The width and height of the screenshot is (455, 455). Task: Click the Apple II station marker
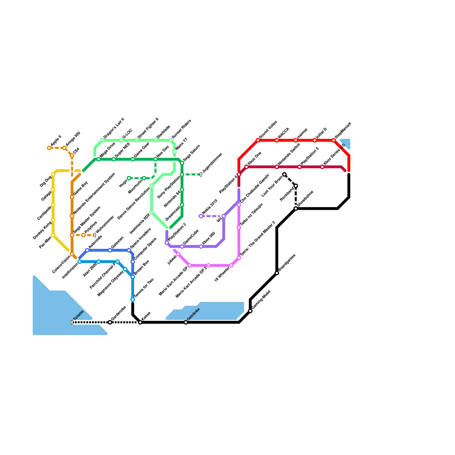pyautogui.click(x=49, y=148)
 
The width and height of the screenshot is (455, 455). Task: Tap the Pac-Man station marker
pyautogui.click(x=53, y=235)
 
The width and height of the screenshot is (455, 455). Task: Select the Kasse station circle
pyautogui.click(x=140, y=322)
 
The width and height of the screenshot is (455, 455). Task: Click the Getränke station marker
pyautogui.click(x=186, y=322)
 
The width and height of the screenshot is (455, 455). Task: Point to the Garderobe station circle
pyautogui.click(x=110, y=322)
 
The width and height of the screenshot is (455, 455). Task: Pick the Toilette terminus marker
pyautogui.click(x=72, y=322)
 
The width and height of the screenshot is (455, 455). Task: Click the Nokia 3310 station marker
pyautogui.click(x=201, y=216)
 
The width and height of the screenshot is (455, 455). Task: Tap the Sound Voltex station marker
pyautogui.click(x=258, y=140)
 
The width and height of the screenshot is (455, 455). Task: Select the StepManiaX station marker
pyautogui.click(x=334, y=140)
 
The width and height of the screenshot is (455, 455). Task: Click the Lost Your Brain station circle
pyautogui.click(x=284, y=174)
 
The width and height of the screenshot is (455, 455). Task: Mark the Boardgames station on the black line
pyautogui.click(x=277, y=273)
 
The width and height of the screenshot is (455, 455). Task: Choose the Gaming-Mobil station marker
pyautogui.click(x=250, y=311)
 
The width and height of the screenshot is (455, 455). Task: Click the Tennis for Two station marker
pyautogui.click(x=133, y=299)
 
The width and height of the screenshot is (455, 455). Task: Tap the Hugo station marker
pyautogui.click(x=129, y=178)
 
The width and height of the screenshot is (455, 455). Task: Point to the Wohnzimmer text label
pyautogui.click(x=105, y=224)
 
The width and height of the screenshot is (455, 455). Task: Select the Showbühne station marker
pyautogui.click(x=296, y=208)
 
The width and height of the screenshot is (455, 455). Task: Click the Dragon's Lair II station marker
pyautogui.click(x=102, y=140)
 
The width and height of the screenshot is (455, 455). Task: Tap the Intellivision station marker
pyautogui.click(x=80, y=262)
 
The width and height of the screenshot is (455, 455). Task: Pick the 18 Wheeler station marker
pyautogui.click(x=231, y=265)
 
